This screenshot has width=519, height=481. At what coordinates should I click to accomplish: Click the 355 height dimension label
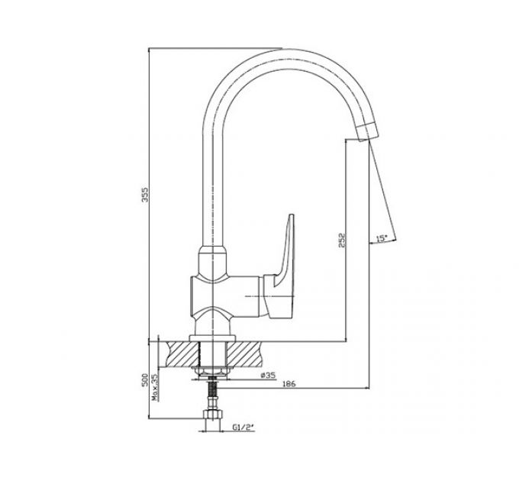145,195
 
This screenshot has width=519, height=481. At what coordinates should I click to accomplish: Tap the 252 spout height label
342,240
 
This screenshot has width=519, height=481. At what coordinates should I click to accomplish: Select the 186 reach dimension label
289,384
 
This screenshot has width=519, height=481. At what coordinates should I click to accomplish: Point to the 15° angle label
382,237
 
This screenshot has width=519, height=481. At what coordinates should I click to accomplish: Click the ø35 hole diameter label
268,375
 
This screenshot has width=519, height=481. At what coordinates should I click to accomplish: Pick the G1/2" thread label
243,427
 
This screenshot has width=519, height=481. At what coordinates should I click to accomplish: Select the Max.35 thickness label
155,388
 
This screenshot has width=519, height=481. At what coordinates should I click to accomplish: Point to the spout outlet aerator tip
367,131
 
